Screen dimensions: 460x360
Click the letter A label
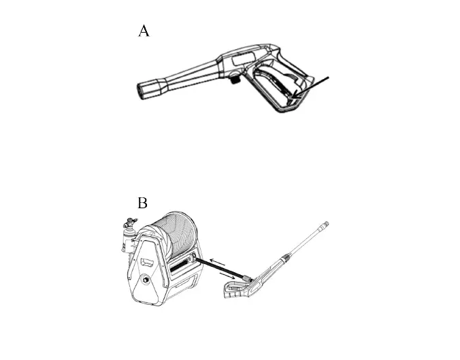click(144, 31)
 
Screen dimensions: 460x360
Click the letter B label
click(143, 203)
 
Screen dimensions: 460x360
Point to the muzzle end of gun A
click(146, 89)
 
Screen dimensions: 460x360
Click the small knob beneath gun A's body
click(233, 80)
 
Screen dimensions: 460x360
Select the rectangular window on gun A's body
click(242, 59)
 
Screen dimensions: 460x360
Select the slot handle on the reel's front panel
click(146, 262)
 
